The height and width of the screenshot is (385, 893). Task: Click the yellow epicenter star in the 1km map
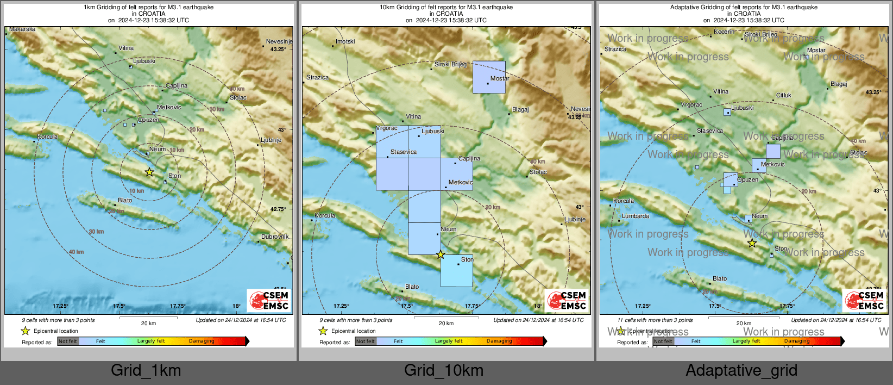click(149, 172)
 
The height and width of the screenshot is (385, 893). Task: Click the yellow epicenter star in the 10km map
click(441, 254)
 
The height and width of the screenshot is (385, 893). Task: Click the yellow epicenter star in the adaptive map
click(752, 244)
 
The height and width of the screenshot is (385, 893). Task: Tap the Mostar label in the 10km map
click(499, 79)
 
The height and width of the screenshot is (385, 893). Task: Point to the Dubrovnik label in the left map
click(275, 237)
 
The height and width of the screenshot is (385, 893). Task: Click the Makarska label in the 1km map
click(22, 29)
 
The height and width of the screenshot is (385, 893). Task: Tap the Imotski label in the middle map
click(345, 42)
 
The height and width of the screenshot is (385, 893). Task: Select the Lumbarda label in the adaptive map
click(635, 216)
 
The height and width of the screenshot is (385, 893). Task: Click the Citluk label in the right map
click(783, 96)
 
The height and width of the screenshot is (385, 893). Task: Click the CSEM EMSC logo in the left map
click(269, 301)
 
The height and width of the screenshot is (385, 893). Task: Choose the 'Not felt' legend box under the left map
click(68, 341)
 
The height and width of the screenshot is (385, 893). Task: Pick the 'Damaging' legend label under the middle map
click(499, 341)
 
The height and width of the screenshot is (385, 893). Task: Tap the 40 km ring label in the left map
click(76, 252)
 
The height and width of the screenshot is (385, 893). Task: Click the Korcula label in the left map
click(47, 137)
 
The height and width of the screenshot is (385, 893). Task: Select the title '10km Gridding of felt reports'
click(446, 8)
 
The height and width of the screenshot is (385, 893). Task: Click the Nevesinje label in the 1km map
click(279, 42)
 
